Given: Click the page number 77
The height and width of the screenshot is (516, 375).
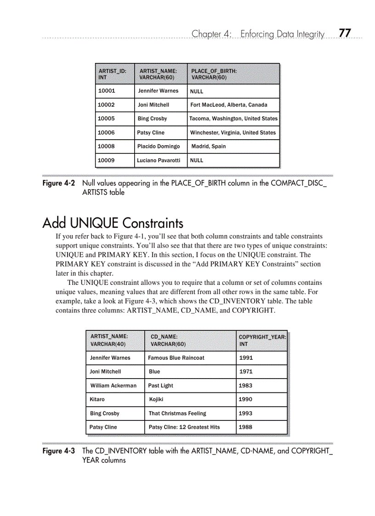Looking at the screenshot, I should (x=345, y=33).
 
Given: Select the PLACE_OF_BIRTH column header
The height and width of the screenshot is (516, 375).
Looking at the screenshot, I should (x=214, y=74).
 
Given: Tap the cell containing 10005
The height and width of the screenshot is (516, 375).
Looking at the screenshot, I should (x=106, y=119).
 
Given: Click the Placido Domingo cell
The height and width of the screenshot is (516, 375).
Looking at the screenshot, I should (x=159, y=147).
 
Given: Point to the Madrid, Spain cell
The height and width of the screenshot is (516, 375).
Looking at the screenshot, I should (x=209, y=147).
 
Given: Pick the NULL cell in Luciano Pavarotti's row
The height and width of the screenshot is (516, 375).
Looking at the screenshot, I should (x=197, y=160).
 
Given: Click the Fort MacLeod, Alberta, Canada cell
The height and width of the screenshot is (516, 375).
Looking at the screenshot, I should (x=228, y=105).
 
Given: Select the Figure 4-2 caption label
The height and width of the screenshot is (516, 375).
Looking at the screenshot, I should (x=58, y=183).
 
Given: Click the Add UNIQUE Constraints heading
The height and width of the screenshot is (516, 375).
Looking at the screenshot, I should (x=113, y=223).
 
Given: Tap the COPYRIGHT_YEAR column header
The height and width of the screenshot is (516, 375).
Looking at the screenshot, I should (x=262, y=340).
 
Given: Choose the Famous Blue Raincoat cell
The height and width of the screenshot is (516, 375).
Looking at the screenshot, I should (x=176, y=358).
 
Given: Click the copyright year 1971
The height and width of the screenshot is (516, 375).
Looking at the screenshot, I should (x=246, y=372).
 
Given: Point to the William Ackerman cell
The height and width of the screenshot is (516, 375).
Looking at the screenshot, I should (x=114, y=386).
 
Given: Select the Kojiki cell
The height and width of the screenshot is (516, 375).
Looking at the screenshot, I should (x=156, y=399).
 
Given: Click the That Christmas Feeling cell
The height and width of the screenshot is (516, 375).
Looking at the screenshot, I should (x=177, y=414).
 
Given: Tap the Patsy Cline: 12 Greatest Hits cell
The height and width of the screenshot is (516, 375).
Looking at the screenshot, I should (x=184, y=427).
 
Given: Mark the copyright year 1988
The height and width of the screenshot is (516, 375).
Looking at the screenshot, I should (x=245, y=427).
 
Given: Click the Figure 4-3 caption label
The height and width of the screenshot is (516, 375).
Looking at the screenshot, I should (x=58, y=451).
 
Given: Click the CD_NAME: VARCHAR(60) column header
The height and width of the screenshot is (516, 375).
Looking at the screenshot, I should (x=168, y=340).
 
